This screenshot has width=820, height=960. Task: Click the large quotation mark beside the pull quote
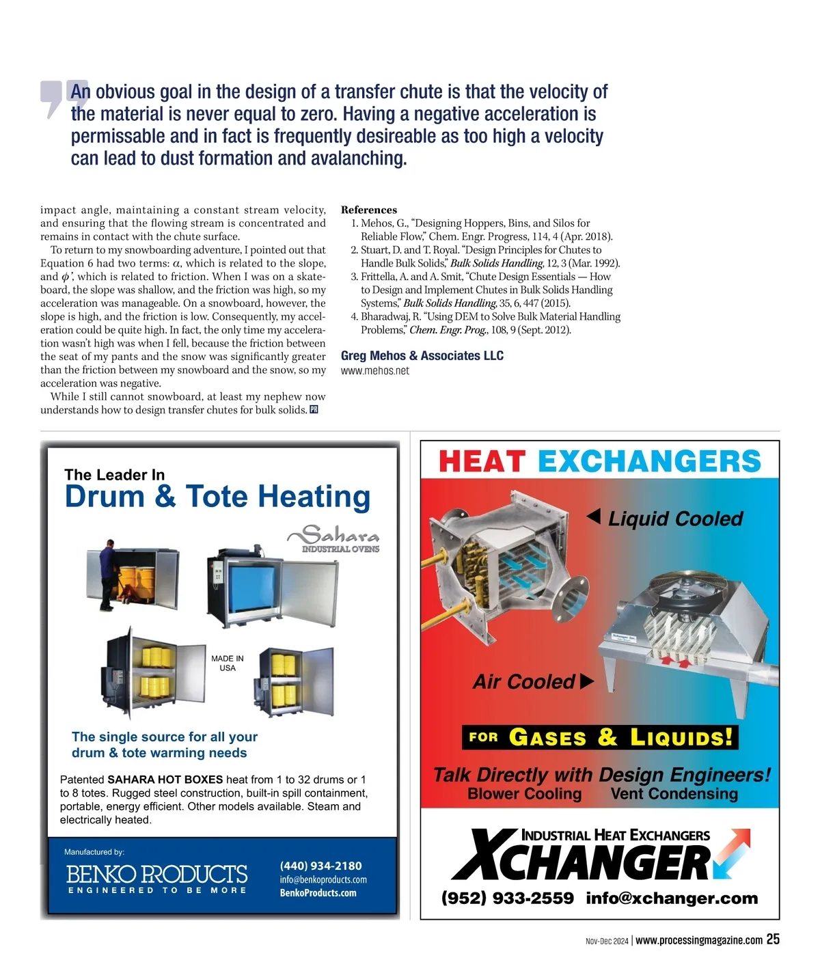pyautogui.click(x=64, y=98)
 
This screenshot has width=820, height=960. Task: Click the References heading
pyautogui.click(x=369, y=210)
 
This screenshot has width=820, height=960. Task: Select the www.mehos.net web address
pyautogui.click(x=375, y=371)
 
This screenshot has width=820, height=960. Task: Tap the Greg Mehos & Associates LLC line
pyautogui.click(x=422, y=356)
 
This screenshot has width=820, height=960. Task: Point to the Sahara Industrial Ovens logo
pyautogui.click(x=335, y=538)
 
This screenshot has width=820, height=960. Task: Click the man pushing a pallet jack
pyautogui.click(x=107, y=574)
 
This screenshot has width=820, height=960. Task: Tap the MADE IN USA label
pyautogui.click(x=228, y=663)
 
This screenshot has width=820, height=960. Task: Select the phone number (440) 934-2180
pyautogui.click(x=321, y=866)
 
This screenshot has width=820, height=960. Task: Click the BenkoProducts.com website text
pyautogui.click(x=318, y=893)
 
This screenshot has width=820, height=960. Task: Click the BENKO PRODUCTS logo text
pyautogui.click(x=156, y=875)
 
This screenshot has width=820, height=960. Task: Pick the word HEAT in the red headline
pyautogui.click(x=482, y=462)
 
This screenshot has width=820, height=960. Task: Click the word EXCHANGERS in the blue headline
pyautogui.click(x=649, y=462)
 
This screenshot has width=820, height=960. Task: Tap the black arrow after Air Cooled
pyautogui.click(x=586, y=681)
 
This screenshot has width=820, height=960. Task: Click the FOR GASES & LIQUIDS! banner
pyautogui.click(x=600, y=737)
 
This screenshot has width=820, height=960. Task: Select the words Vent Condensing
pyautogui.click(x=674, y=794)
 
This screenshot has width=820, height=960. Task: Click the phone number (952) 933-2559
pyautogui.click(x=508, y=898)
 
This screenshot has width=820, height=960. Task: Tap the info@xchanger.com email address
pyautogui.click(x=672, y=898)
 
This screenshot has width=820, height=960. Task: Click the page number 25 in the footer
pyautogui.click(x=773, y=940)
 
